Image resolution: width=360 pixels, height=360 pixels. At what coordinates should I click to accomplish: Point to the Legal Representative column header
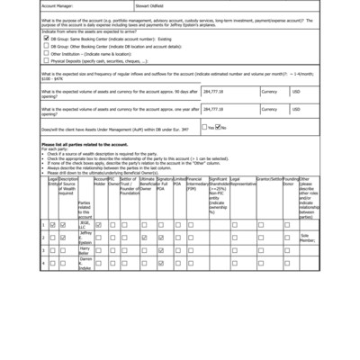(x=241, y=183)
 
